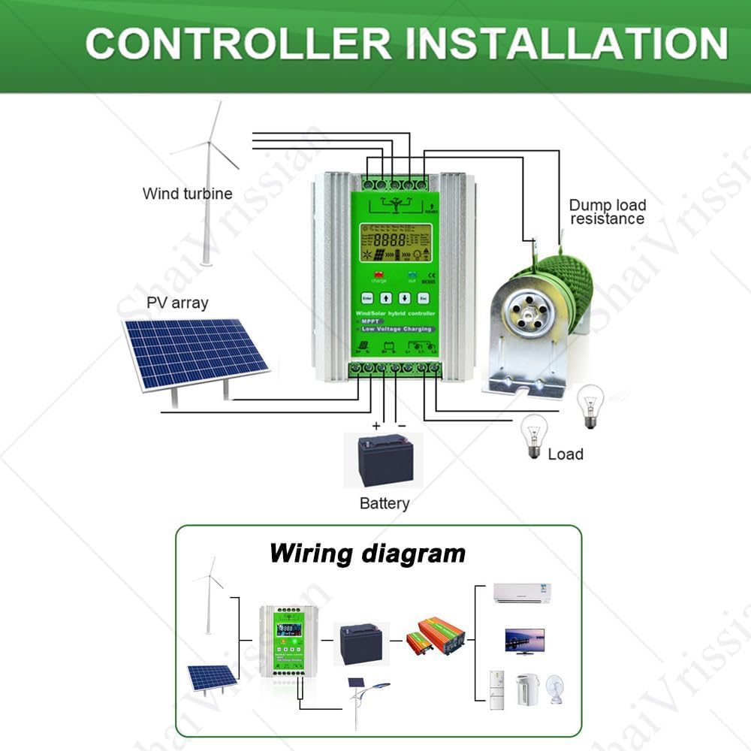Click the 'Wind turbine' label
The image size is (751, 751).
click(x=187, y=194)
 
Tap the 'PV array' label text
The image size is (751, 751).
click(x=177, y=303)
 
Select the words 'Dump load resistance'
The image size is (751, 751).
click(x=607, y=212)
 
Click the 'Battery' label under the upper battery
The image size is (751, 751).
click(x=385, y=503)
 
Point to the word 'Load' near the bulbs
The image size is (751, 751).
click(x=566, y=454)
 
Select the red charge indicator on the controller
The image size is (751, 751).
click(x=379, y=274)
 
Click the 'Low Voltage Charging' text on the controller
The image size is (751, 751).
click(x=396, y=329)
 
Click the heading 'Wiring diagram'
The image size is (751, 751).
click(x=367, y=553)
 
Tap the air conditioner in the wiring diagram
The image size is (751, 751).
click(x=526, y=593)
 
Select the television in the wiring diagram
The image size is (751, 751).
click(x=525, y=640)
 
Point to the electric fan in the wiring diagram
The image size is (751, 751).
click(x=556, y=689)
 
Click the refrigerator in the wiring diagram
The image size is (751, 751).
click(x=496, y=690)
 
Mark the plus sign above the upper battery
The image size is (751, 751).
click(x=376, y=426)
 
